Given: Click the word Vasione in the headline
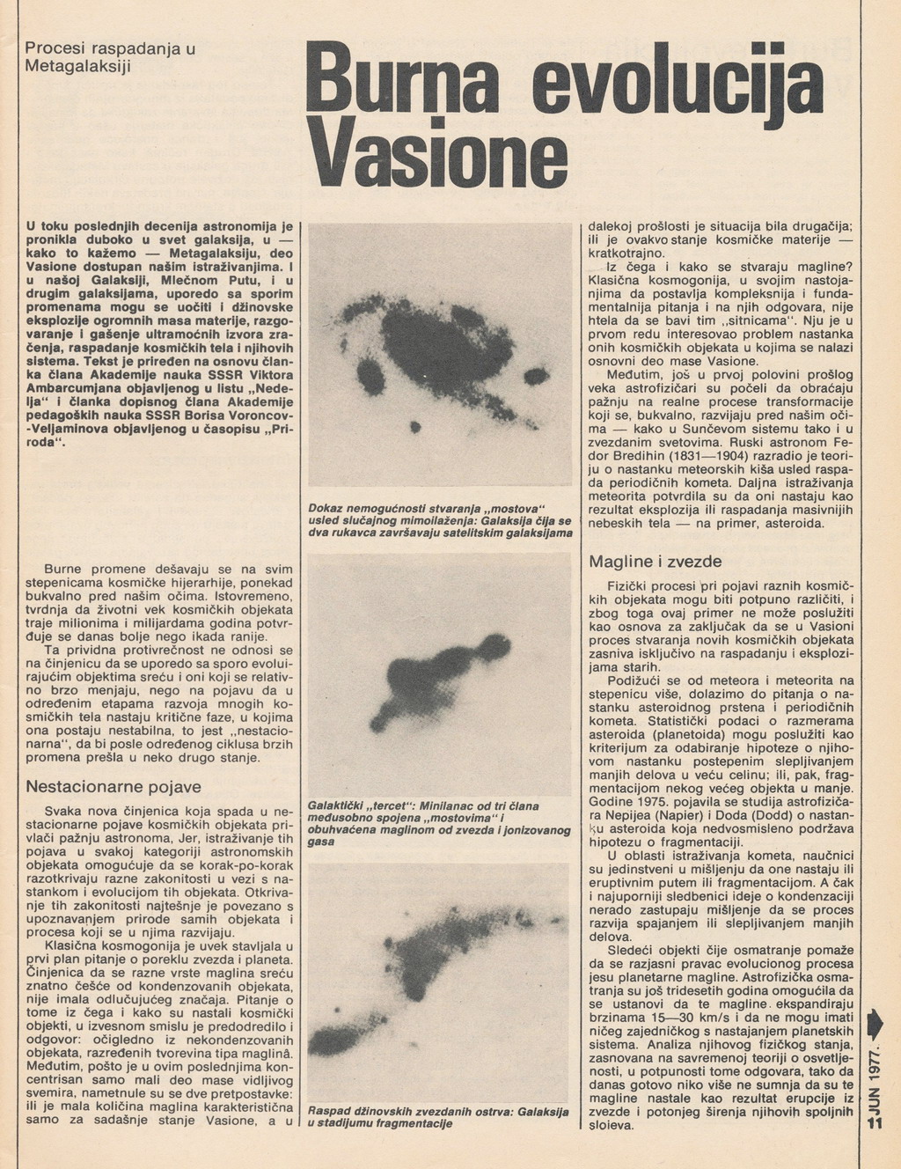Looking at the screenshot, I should pyautogui.click(x=440, y=158).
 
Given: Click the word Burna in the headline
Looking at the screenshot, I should pyautogui.click(x=411, y=88).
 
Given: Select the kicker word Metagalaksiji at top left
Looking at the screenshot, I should pyautogui.click(x=77, y=66).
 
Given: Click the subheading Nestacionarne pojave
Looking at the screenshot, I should pyautogui.click(x=114, y=786).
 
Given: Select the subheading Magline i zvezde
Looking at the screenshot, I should pyautogui.click(x=655, y=561).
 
